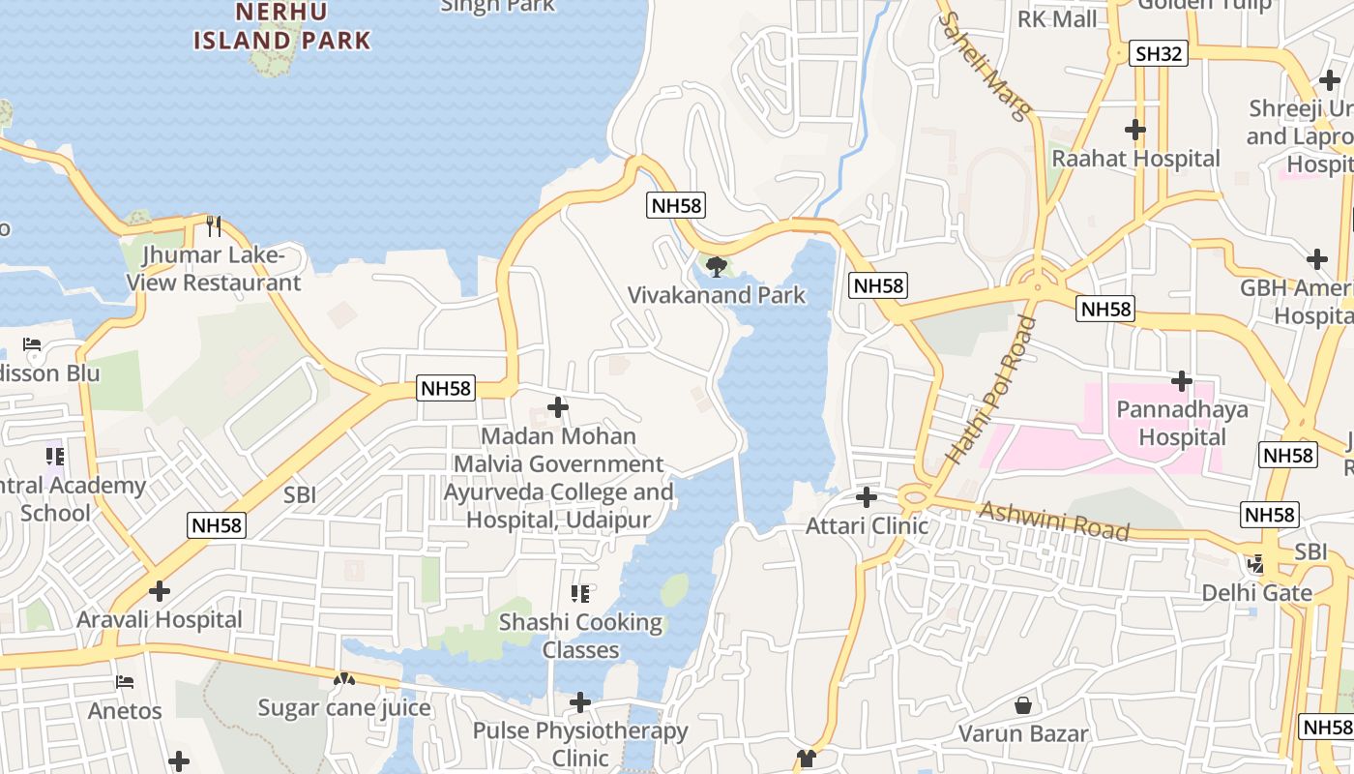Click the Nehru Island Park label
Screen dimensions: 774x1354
[281, 26]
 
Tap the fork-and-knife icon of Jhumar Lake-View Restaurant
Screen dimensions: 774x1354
[214, 226]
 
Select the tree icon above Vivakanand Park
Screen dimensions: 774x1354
[717, 266]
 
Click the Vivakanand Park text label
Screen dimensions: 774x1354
[717, 295]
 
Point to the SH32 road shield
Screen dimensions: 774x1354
[1160, 53]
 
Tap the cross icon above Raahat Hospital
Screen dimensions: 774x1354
[1135, 129]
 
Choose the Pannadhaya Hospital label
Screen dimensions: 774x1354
[1182, 423]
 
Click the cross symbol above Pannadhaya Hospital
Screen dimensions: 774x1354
[1181, 380]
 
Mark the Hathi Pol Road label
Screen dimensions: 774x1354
[991, 390]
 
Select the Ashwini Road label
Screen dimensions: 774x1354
[1054, 521]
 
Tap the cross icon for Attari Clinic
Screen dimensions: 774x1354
[867, 497]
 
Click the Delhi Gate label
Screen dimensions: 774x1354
[1256, 592]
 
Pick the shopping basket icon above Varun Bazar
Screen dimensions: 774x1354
[1022, 705]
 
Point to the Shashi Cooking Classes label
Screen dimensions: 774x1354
[580, 636]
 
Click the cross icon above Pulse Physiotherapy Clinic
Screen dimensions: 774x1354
[580, 701]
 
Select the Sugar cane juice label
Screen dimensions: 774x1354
[344, 707]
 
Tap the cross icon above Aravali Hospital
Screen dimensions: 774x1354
[160, 590]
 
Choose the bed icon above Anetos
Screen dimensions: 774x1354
[125, 682]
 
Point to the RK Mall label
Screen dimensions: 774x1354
[1057, 18]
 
